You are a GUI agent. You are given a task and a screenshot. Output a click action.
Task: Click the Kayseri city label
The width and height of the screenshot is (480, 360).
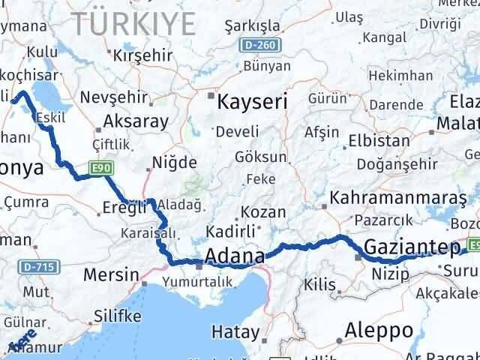tap(252, 101)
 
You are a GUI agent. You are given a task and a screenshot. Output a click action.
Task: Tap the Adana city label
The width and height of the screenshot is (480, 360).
tap(233, 256)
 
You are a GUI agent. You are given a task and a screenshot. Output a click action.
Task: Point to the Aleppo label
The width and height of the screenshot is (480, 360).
tap(379, 330)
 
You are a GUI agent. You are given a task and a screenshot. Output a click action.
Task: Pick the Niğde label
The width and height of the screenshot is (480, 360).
tap(174, 162)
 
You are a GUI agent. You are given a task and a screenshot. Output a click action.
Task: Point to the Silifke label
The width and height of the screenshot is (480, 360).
tap(116, 316)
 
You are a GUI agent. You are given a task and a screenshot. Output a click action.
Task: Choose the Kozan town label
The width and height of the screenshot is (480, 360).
tap(259, 212)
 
